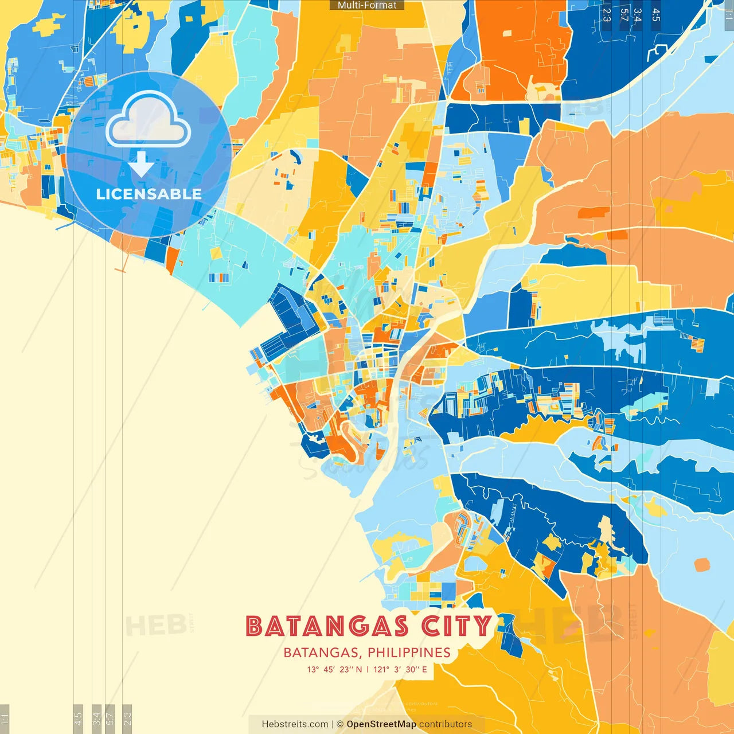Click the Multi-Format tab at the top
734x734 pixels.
tap(367, 5)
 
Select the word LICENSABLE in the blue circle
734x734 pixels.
tap(149, 194)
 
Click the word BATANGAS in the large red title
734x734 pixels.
tap(327, 626)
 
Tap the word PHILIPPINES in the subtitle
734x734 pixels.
tap(409, 653)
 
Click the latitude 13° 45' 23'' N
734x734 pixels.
tap(334, 669)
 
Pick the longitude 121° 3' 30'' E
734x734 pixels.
tap(400, 669)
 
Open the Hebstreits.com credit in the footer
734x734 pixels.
tap(295, 724)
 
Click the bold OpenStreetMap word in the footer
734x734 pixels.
tap(381, 724)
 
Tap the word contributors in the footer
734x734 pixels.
tap(446, 724)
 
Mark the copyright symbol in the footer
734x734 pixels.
tap(340, 724)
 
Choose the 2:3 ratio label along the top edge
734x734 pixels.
tap(607, 14)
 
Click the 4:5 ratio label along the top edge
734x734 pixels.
tap(656, 14)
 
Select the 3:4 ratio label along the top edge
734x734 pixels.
tap(637, 14)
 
